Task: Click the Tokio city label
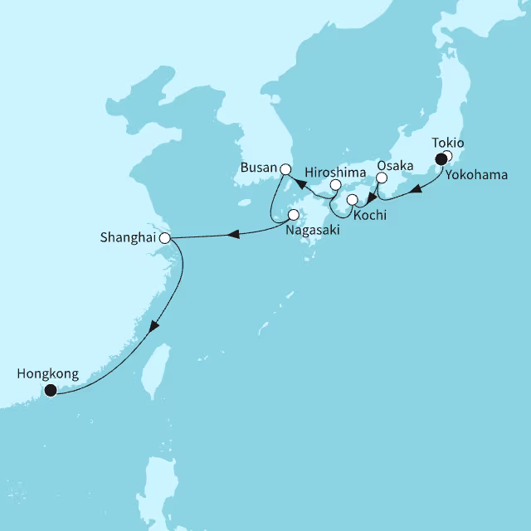coord(449,143)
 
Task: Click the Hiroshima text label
coord(332,172)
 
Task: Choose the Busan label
coord(257,168)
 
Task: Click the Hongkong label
coord(47,374)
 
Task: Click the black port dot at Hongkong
coord(50,390)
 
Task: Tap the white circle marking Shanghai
coord(164,238)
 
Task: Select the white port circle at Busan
coord(285,169)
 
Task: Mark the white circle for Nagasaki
coord(293,214)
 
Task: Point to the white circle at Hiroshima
coord(335,185)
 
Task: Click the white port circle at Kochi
coord(353,200)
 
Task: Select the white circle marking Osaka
coord(382,178)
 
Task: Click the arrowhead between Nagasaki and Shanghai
coord(235,234)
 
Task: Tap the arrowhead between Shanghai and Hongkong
coord(153,330)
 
